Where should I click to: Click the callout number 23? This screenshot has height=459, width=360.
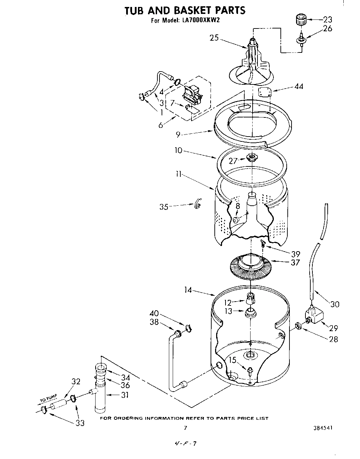click(327, 19)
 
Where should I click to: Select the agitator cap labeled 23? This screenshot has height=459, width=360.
click(301, 19)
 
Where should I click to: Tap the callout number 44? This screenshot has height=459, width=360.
click(298, 86)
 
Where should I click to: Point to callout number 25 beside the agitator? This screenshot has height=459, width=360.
click(214, 38)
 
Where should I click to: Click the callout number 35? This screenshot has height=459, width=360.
click(164, 207)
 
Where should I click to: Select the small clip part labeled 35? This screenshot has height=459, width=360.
click(197, 204)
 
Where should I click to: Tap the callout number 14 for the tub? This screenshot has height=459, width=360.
click(188, 289)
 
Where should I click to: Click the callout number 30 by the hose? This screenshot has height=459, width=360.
click(335, 304)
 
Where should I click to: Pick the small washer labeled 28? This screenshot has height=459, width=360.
click(298, 326)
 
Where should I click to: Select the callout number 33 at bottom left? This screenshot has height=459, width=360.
click(80, 423)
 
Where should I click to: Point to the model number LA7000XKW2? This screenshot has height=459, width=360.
click(200, 20)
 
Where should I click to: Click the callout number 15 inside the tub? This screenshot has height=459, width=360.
click(232, 360)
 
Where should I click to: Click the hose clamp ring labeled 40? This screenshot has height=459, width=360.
click(189, 327)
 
